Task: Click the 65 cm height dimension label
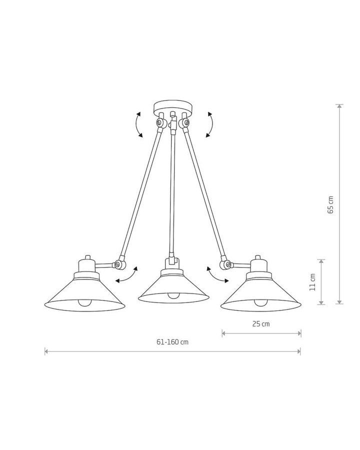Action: pyautogui.click(x=330, y=204)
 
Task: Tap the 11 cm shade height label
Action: pyautogui.click(x=312, y=282)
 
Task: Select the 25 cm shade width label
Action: pyautogui.click(x=261, y=324)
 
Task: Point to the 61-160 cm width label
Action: pyautogui.click(x=172, y=342)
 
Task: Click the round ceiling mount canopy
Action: pyautogui.click(x=172, y=106)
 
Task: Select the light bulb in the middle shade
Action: pyautogui.click(x=173, y=295)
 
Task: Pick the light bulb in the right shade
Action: pyautogui.click(x=260, y=302)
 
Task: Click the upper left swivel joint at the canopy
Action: pyautogui.click(x=161, y=123)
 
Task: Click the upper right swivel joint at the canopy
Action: pyautogui.click(x=183, y=123)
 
